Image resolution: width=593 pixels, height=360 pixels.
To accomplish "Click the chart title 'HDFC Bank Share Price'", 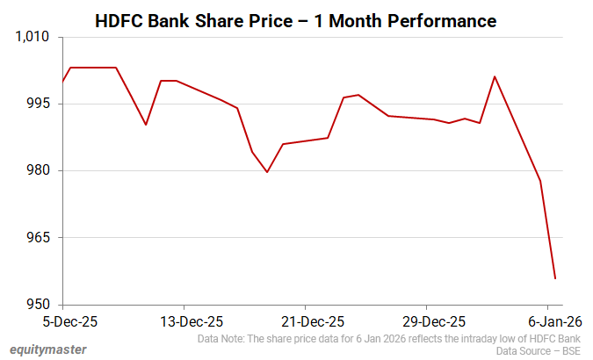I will [197, 19].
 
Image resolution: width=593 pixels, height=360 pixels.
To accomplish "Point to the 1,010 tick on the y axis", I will [33, 38].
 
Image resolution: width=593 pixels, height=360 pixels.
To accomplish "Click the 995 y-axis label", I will [40, 104].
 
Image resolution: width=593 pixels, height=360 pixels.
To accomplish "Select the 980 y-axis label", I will [40, 170].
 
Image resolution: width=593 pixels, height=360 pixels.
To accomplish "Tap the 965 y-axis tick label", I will [40, 238].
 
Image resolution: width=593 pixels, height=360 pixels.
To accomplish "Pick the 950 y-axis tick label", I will [40, 305].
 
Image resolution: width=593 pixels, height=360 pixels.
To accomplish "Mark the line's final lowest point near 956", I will [555, 278].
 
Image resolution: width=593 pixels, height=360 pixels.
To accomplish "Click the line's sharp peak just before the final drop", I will [495, 76].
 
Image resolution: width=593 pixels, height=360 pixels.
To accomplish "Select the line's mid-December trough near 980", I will [267, 172].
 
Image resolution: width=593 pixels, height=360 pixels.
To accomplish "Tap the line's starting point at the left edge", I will [63, 82].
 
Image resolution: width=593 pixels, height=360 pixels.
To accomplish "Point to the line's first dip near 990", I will [146, 125].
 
